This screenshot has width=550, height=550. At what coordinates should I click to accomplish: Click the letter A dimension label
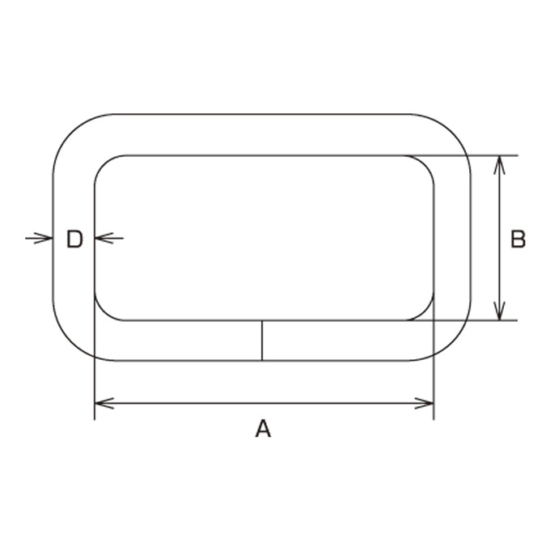click(x=263, y=428)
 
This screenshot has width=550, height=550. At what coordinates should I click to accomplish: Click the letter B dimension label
click(x=518, y=239)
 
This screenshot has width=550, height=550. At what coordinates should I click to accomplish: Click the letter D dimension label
click(x=74, y=239)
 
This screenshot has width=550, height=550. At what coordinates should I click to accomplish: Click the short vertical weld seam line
click(x=262, y=341)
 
